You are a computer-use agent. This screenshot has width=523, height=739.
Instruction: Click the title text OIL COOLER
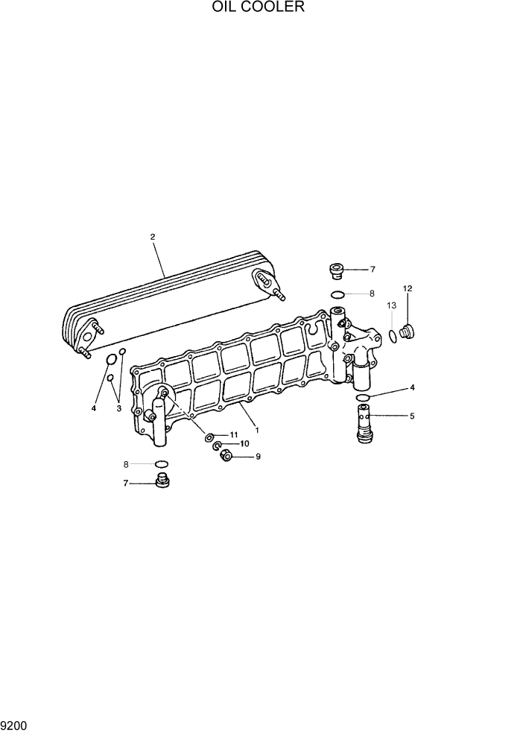tap(258, 8)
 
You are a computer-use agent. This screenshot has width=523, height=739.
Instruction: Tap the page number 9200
tap(15, 725)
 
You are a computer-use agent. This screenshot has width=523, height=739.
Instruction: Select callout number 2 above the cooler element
tap(152, 237)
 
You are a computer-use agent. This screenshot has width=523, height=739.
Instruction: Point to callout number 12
tap(408, 288)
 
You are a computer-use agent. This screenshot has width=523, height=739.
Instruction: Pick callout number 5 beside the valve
tap(412, 416)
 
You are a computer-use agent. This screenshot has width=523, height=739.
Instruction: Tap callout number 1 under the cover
tap(256, 430)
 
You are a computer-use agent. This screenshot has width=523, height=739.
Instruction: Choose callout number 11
tap(233, 434)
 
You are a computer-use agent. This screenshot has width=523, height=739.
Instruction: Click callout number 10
tap(244, 445)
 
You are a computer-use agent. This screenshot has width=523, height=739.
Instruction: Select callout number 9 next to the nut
tap(258, 457)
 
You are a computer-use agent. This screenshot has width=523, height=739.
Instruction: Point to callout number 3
tap(118, 407)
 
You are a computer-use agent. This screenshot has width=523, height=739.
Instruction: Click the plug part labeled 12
tap(408, 332)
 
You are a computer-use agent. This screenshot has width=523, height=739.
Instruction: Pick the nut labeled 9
tap(226, 457)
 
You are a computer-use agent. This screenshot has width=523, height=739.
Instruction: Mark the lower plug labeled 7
tap(162, 482)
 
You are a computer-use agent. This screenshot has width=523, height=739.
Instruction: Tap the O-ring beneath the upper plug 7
tap(337, 294)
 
